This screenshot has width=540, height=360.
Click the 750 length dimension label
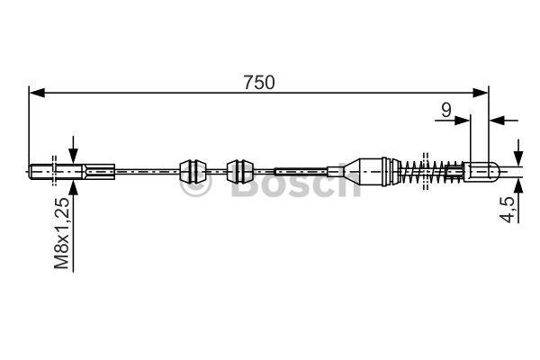(259, 83)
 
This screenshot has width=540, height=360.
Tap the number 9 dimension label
(446, 110)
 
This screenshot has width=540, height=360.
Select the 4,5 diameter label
(509, 208)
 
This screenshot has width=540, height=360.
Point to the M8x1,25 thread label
(62, 233)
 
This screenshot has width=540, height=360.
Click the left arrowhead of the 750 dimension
(37, 93)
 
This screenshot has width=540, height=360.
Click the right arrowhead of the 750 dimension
(481, 93)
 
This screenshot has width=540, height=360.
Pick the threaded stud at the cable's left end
(56, 172)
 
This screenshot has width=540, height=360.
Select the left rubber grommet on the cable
(193, 171)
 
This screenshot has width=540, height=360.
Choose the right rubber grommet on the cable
(240, 171)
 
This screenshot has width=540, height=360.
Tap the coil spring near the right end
(432, 171)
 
